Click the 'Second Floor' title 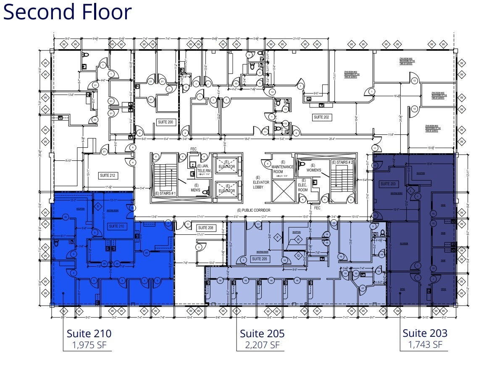tap(68, 12)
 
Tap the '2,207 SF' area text tap(262, 345)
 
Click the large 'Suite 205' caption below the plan tap(262, 334)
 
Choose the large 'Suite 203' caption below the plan tap(425, 333)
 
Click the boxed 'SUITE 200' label tap(165, 122)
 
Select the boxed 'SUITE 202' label tap(321, 117)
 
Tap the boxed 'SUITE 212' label tap(108, 175)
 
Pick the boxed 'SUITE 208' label tap(205, 228)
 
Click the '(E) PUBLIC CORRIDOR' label tap(253, 210)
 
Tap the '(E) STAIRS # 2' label tap(342, 163)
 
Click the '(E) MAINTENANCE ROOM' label tap(283, 167)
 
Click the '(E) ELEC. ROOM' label tap(303, 187)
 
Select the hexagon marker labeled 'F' tap(277, 238)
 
